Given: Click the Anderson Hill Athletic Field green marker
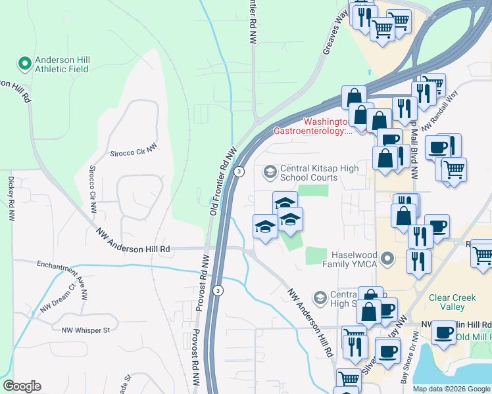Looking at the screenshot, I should (x=25, y=64).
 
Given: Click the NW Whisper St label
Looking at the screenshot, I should (x=85, y=330).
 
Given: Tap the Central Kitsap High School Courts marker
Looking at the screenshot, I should (x=269, y=173).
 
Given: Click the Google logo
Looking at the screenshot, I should (x=22, y=386).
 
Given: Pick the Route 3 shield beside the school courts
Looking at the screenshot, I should (x=240, y=171).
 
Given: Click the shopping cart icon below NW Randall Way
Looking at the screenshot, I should (x=454, y=169).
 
